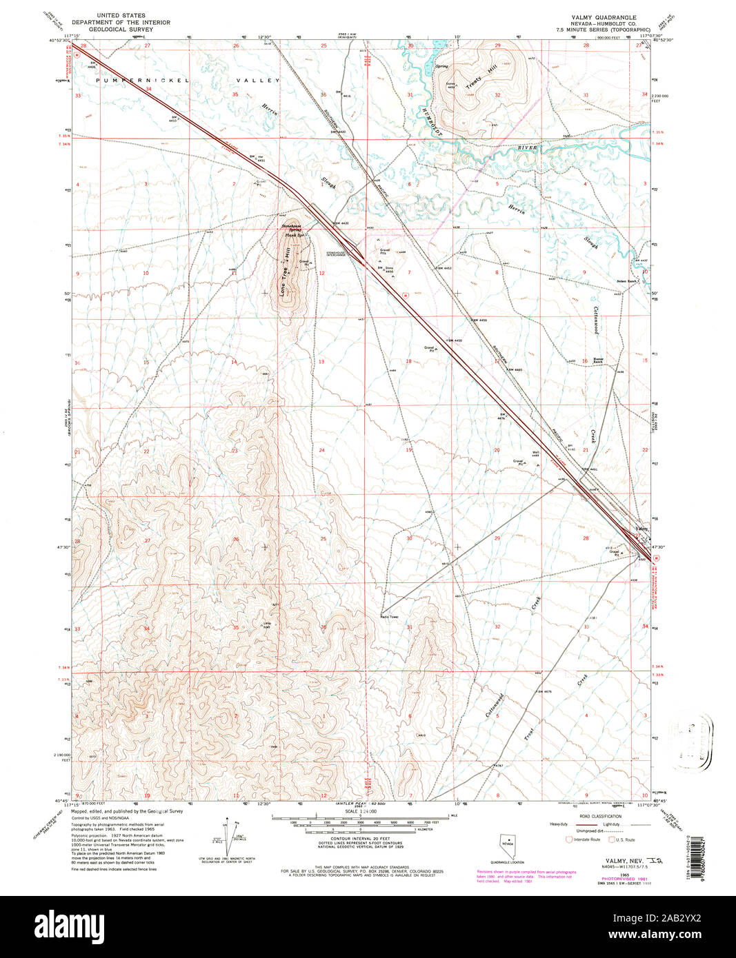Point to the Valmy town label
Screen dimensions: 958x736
[642, 528]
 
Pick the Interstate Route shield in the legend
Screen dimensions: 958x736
[568, 839]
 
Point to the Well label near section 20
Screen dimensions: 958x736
[535, 452]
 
